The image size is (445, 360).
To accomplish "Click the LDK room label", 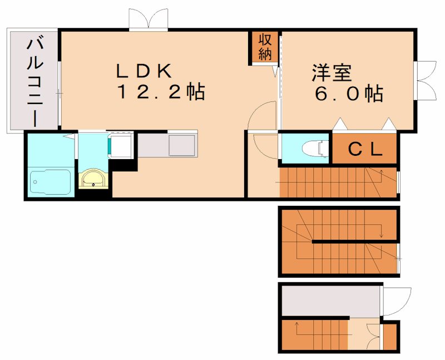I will click(146, 71).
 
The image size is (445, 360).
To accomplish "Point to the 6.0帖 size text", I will click(349, 93).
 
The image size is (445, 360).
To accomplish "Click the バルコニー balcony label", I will click(33, 81).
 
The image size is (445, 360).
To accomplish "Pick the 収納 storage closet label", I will click(264, 47).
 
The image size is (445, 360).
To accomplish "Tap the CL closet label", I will click(364, 149).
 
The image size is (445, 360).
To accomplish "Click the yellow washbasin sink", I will click(92, 179).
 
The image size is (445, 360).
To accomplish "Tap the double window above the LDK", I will click(148, 19).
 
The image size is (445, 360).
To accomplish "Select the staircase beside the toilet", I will click(337, 181).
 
